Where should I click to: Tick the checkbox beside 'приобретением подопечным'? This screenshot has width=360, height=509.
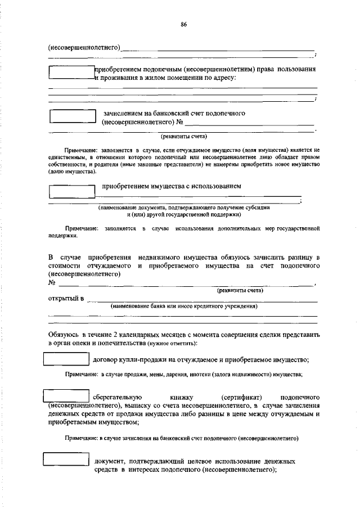(x=71, y=73)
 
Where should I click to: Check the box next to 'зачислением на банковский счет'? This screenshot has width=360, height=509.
(x=73, y=116)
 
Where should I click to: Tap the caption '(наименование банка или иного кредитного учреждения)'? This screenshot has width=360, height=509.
(x=184, y=307)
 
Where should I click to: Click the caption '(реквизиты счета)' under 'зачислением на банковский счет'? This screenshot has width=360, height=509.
(x=184, y=136)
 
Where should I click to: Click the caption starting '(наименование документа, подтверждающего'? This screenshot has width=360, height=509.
(x=184, y=208)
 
